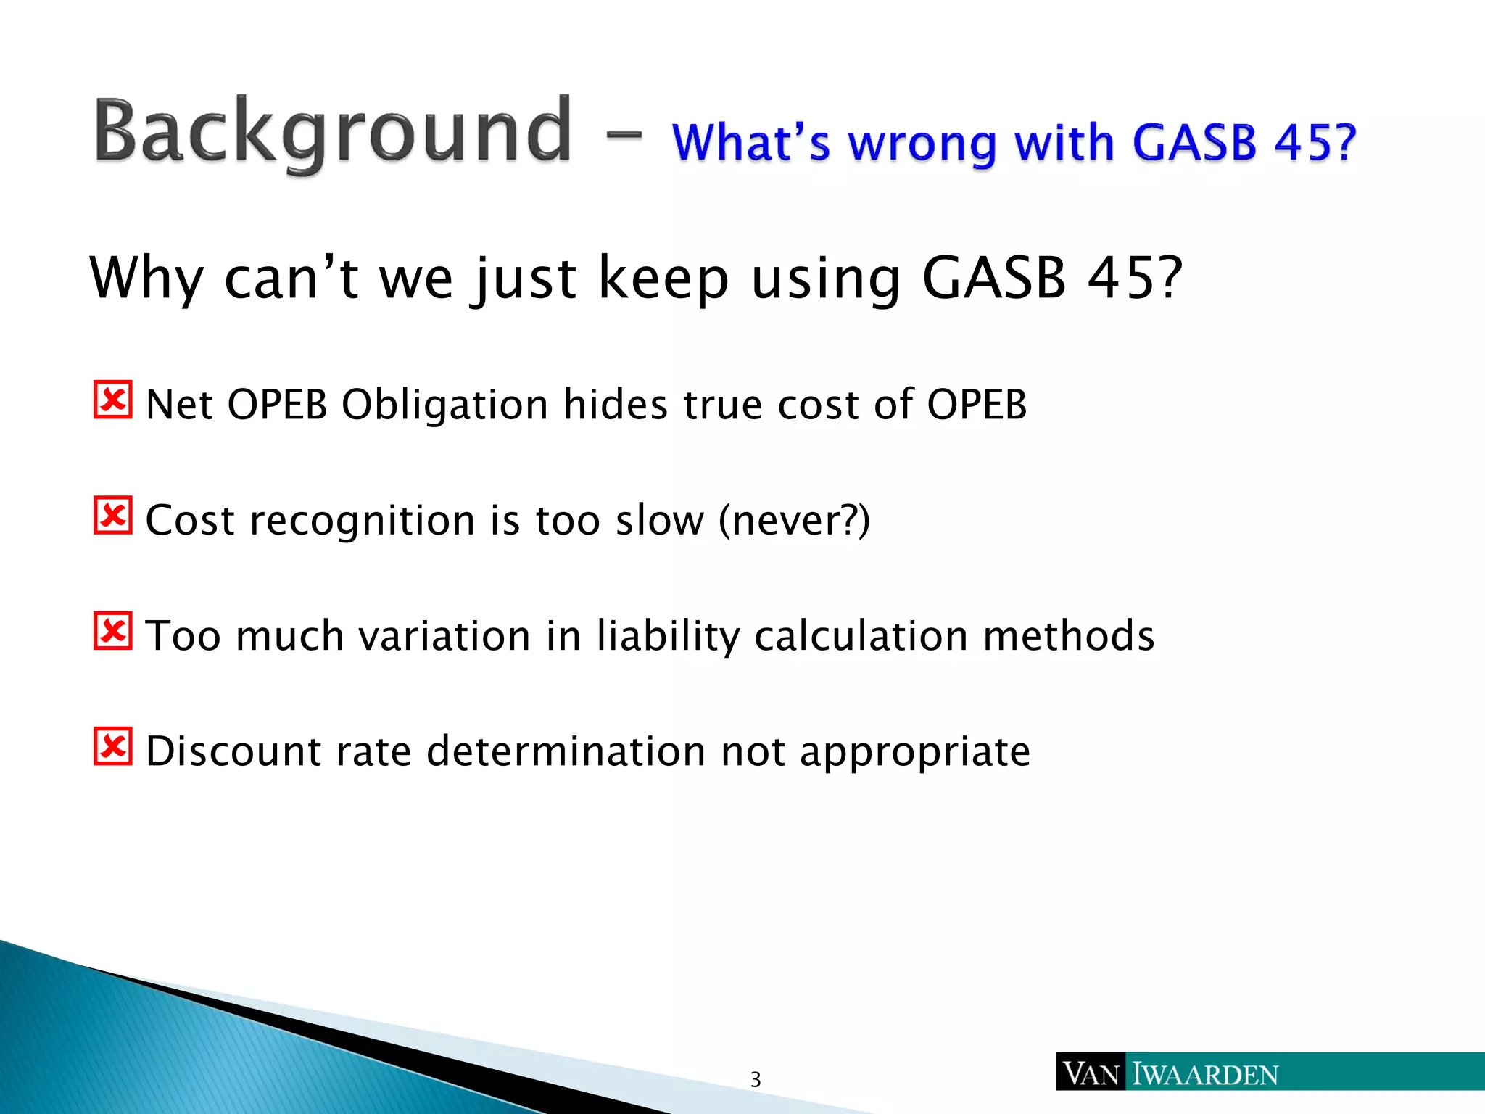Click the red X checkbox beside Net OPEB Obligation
pyautogui.click(x=113, y=400)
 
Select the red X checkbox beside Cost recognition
pyautogui.click(x=113, y=515)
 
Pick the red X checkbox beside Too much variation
pyautogui.click(x=113, y=630)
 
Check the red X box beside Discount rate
pyautogui.click(x=113, y=746)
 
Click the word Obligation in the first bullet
pyautogui.click(x=444, y=405)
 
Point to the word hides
pyautogui.click(x=615, y=405)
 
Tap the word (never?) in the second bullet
pyautogui.click(x=794, y=520)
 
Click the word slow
pyautogui.click(x=659, y=520)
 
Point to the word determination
pyautogui.click(x=566, y=751)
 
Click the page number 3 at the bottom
pyautogui.click(x=756, y=1080)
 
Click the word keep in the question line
pyautogui.click(x=663, y=278)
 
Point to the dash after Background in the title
pyautogui.click(x=621, y=134)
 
